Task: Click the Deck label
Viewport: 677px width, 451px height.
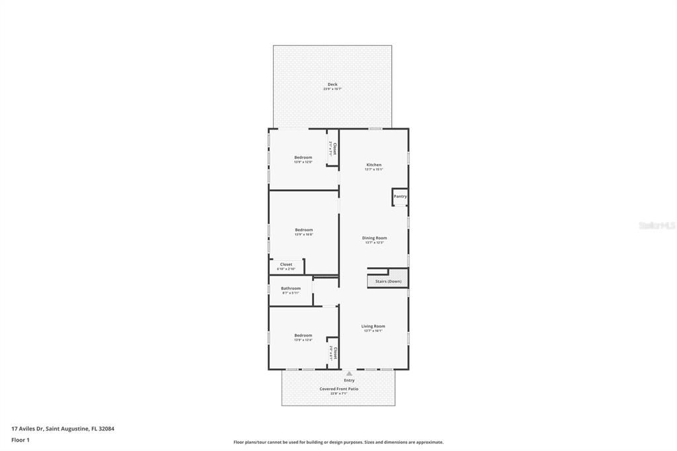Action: coord(332,85)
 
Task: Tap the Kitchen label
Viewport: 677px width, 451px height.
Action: coord(374,165)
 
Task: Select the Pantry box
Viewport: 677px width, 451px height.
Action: coord(400,196)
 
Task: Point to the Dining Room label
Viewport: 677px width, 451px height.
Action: coord(374,238)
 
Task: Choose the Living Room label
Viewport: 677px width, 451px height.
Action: coord(373,326)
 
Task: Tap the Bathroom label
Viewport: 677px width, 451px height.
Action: coord(290,288)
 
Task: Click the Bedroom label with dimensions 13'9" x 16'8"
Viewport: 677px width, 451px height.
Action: coord(303,230)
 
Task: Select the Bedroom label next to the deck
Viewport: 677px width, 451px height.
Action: coord(303,157)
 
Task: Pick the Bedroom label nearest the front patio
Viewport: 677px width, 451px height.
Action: coord(303,335)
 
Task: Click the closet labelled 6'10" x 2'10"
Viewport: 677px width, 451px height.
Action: coord(286,266)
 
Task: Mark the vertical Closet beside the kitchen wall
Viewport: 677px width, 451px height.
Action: coord(333,149)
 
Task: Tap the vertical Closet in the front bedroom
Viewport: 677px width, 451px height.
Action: coord(333,352)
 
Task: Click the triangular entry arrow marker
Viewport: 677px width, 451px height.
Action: coord(349,374)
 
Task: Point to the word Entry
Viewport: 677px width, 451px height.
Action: coord(349,380)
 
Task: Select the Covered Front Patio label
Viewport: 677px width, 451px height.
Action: coord(338,389)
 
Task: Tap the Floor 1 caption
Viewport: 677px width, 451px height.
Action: coord(20,440)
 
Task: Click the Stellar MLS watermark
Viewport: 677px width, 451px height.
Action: coord(657,225)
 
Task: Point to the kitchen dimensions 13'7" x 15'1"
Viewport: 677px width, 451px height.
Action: coord(374,169)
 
